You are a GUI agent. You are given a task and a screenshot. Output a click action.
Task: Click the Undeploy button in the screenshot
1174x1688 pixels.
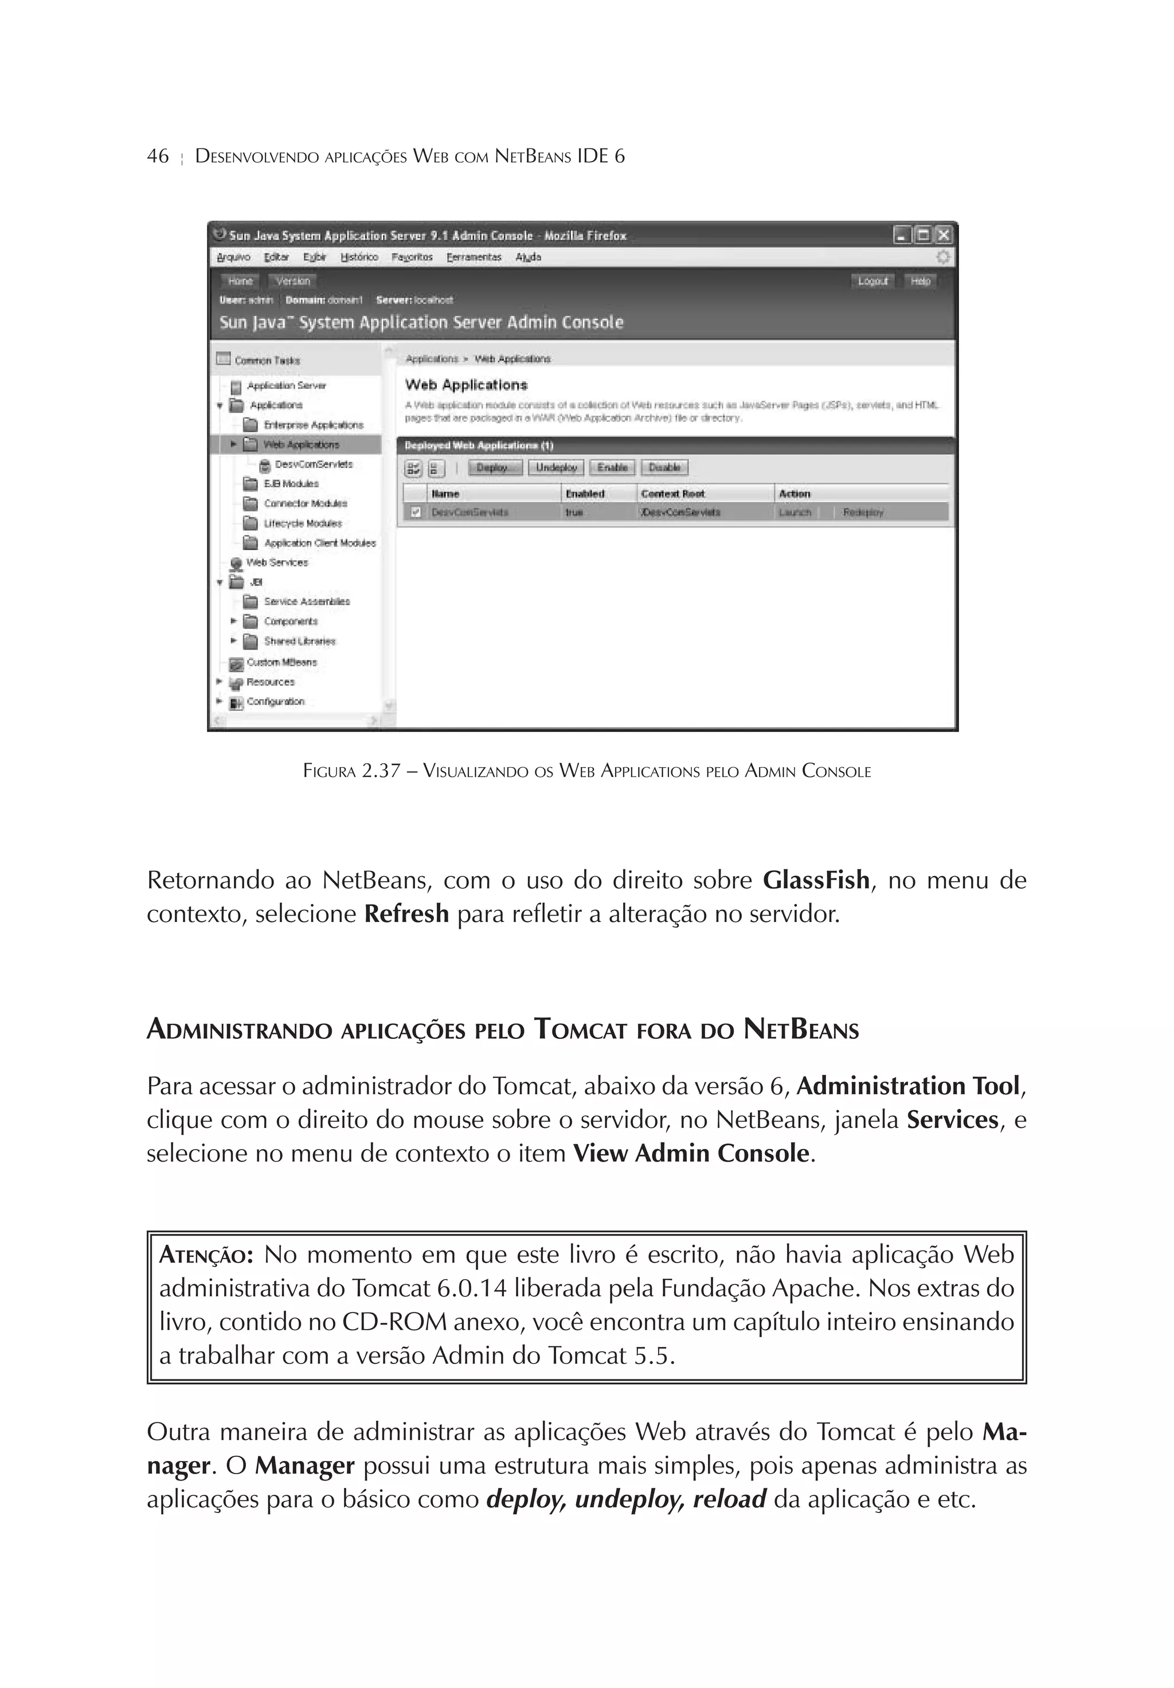tap(555, 467)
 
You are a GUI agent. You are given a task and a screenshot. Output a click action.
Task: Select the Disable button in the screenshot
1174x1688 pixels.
tap(664, 467)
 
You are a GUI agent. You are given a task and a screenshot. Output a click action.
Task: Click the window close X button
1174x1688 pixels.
tap(943, 235)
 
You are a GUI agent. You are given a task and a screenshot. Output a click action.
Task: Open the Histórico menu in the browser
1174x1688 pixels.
tap(359, 257)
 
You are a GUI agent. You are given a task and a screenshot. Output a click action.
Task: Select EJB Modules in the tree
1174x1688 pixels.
tap(291, 484)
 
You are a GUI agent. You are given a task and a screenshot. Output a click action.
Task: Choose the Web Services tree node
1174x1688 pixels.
tap(276, 562)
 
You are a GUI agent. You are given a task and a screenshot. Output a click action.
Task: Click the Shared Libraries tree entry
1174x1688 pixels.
tap(299, 641)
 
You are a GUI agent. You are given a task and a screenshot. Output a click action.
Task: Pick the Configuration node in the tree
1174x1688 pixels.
tap(275, 701)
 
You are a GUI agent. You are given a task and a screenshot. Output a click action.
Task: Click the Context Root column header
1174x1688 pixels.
tap(672, 494)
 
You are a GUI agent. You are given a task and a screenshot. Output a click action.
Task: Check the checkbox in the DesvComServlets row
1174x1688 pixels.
tap(416, 513)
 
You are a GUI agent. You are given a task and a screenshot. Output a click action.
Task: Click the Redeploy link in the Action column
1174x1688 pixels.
tap(863, 513)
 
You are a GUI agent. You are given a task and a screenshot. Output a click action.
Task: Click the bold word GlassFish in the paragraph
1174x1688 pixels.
tap(816, 880)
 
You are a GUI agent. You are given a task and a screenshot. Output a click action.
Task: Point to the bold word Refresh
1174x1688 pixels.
tap(406, 914)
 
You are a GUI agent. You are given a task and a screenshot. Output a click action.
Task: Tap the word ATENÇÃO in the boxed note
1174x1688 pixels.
tap(206, 1255)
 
